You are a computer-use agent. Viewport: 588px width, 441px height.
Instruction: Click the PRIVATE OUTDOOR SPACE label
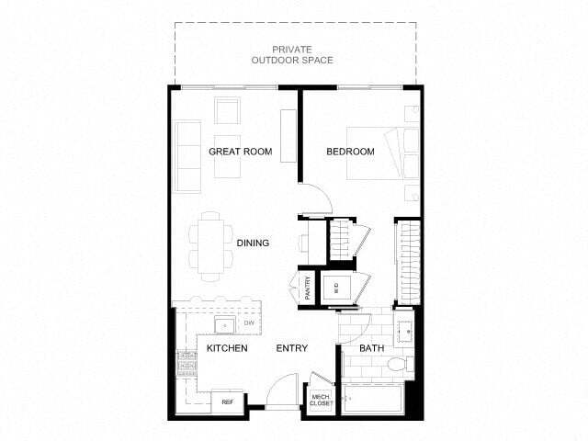[293, 54]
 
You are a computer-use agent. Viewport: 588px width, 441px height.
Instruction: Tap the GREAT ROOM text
[240, 152]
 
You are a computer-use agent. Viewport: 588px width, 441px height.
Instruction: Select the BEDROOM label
[350, 152]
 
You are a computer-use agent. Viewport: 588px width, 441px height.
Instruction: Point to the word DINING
[253, 243]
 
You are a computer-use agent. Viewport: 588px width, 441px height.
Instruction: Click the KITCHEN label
[225, 348]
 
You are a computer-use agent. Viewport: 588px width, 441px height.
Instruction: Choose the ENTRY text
[292, 348]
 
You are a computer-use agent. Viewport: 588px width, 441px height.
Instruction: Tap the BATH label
[371, 348]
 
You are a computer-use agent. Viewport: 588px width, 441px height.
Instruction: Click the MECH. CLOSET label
[321, 401]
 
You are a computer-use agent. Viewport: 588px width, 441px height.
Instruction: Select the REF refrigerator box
[226, 401]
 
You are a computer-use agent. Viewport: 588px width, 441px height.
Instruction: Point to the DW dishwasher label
[248, 324]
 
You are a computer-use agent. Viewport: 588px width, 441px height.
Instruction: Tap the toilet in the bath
[397, 366]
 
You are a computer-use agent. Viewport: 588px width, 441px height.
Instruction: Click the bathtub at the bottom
[372, 401]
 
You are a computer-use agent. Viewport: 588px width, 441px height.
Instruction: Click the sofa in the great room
[188, 156]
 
